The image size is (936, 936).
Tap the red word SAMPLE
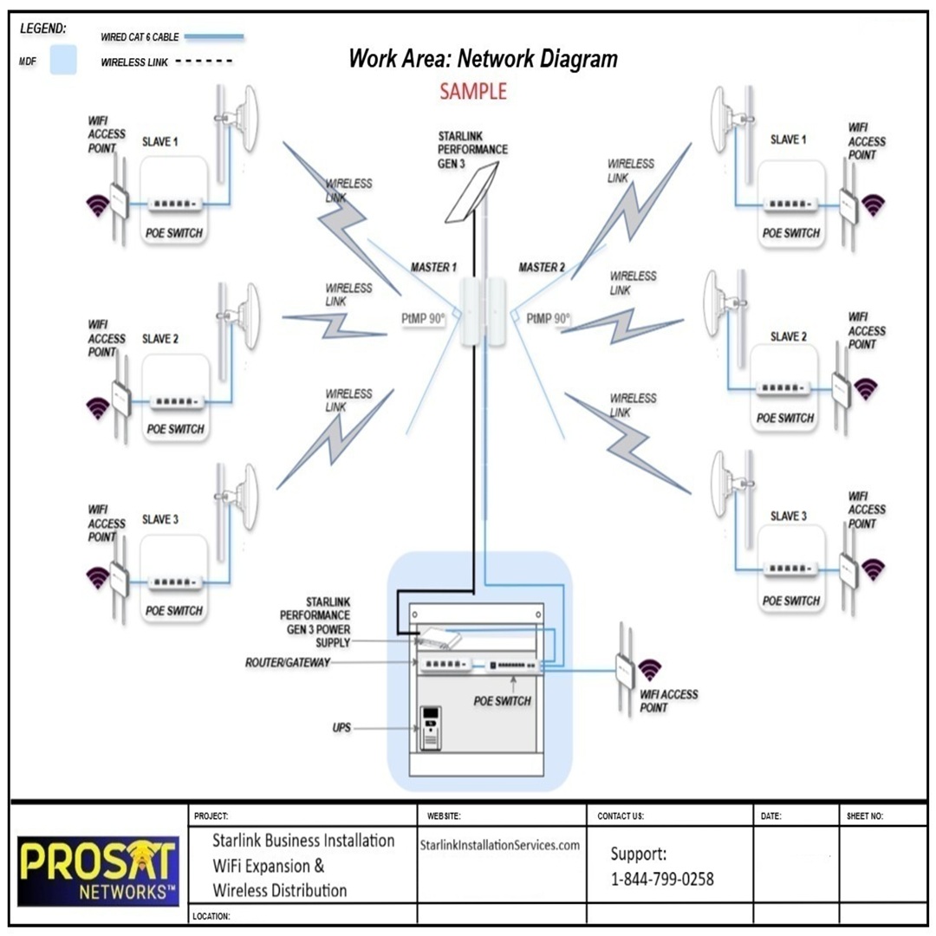(472, 91)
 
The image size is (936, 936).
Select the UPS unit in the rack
(431, 728)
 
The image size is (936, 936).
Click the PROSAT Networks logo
(98, 869)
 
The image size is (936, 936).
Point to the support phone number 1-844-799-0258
(662, 879)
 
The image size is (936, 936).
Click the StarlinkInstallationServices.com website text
(499, 845)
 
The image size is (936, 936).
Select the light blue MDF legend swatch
(63, 59)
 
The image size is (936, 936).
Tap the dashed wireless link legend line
(204, 62)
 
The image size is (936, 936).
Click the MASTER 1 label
(433, 268)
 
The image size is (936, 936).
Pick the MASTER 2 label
(542, 268)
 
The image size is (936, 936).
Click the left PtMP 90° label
(423, 319)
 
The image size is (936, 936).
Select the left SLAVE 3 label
(160, 520)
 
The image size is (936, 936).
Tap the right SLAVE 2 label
(788, 336)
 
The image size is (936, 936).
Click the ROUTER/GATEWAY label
(287, 663)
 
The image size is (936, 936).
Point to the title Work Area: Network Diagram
(483, 59)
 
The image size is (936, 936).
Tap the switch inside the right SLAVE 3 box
(790, 569)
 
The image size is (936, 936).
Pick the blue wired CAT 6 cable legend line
(209, 37)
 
